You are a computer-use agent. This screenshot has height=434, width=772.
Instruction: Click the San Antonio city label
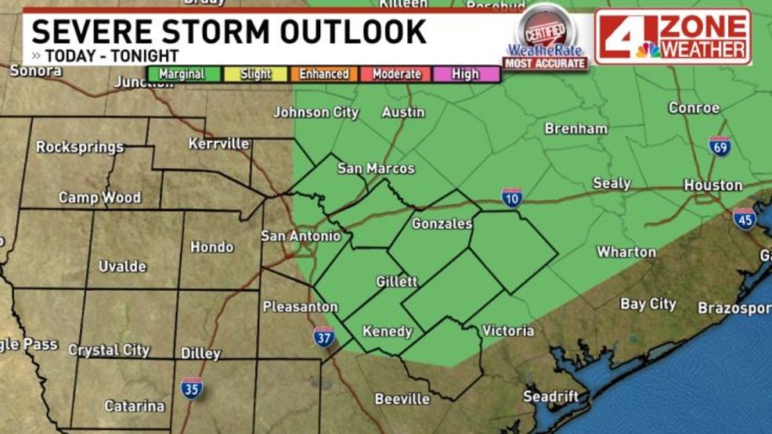[x=301, y=235]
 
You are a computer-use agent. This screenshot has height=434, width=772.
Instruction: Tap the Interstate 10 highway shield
[x=512, y=197]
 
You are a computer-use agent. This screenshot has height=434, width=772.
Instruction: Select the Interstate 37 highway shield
[x=324, y=336]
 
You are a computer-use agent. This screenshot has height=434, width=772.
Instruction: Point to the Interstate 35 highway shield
[x=191, y=388]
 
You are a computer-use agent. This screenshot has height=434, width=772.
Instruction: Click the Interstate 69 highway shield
[x=720, y=146]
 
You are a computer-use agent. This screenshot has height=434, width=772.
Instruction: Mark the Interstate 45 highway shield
[x=744, y=218]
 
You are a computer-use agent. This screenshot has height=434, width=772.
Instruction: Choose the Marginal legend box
[x=182, y=74]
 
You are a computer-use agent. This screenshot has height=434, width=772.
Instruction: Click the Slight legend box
[x=255, y=74]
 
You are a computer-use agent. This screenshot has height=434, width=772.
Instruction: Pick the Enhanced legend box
[x=323, y=74]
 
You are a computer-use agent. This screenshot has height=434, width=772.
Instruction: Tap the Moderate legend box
[x=396, y=74]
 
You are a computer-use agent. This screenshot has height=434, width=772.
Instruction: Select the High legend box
[x=465, y=74]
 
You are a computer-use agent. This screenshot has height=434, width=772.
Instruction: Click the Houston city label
[x=712, y=185]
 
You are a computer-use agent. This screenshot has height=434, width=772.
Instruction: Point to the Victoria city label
[x=508, y=331]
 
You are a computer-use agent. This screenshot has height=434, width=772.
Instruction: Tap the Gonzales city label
[x=442, y=224]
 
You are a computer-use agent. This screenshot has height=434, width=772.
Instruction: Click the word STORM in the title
[x=235, y=33]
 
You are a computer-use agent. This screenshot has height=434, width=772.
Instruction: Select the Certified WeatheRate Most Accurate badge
[x=546, y=38]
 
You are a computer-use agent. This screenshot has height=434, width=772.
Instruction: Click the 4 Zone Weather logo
[x=673, y=37]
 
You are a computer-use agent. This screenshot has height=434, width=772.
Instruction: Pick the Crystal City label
[x=109, y=350]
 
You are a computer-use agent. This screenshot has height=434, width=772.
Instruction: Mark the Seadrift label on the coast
[x=550, y=396]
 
